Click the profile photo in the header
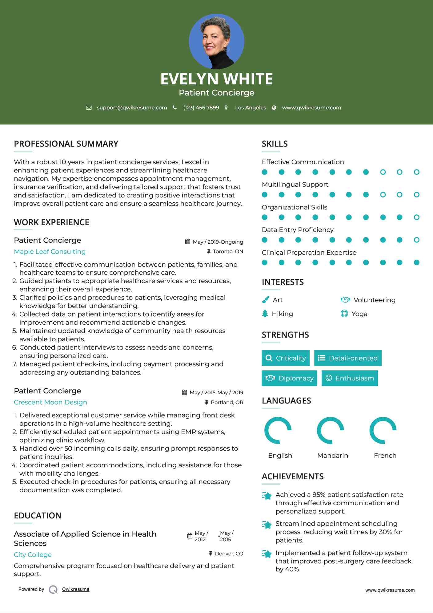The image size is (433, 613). (x=216, y=41)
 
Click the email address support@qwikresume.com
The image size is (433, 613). (x=132, y=108)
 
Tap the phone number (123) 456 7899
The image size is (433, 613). (x=201, y=108)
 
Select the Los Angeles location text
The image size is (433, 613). (x=251, y=108)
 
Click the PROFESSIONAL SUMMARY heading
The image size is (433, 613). (x=66, y=144)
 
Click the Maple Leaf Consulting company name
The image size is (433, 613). (x=50, y=252)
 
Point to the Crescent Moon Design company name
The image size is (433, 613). (x=50, y=402)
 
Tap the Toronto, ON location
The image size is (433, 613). (x=228, y=252)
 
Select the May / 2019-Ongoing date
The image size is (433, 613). (x=218, y=242)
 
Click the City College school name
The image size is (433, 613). (x=33, y=555)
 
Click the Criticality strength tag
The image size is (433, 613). (x=286, y=358)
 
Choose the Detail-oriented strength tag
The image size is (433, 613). (x=348, y=358)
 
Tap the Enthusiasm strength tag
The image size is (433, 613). (x=350, y=378)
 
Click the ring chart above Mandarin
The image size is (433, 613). (x=330, y=430)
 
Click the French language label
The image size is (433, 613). (x=385, y=456)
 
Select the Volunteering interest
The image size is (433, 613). (x=374, y=300)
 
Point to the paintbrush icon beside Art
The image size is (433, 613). (x=265, y=300)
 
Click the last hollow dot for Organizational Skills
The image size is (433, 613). (x=416, y=217)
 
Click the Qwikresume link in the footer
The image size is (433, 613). (x=76, y=589)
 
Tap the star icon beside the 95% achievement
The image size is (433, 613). (x=267, y=496)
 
